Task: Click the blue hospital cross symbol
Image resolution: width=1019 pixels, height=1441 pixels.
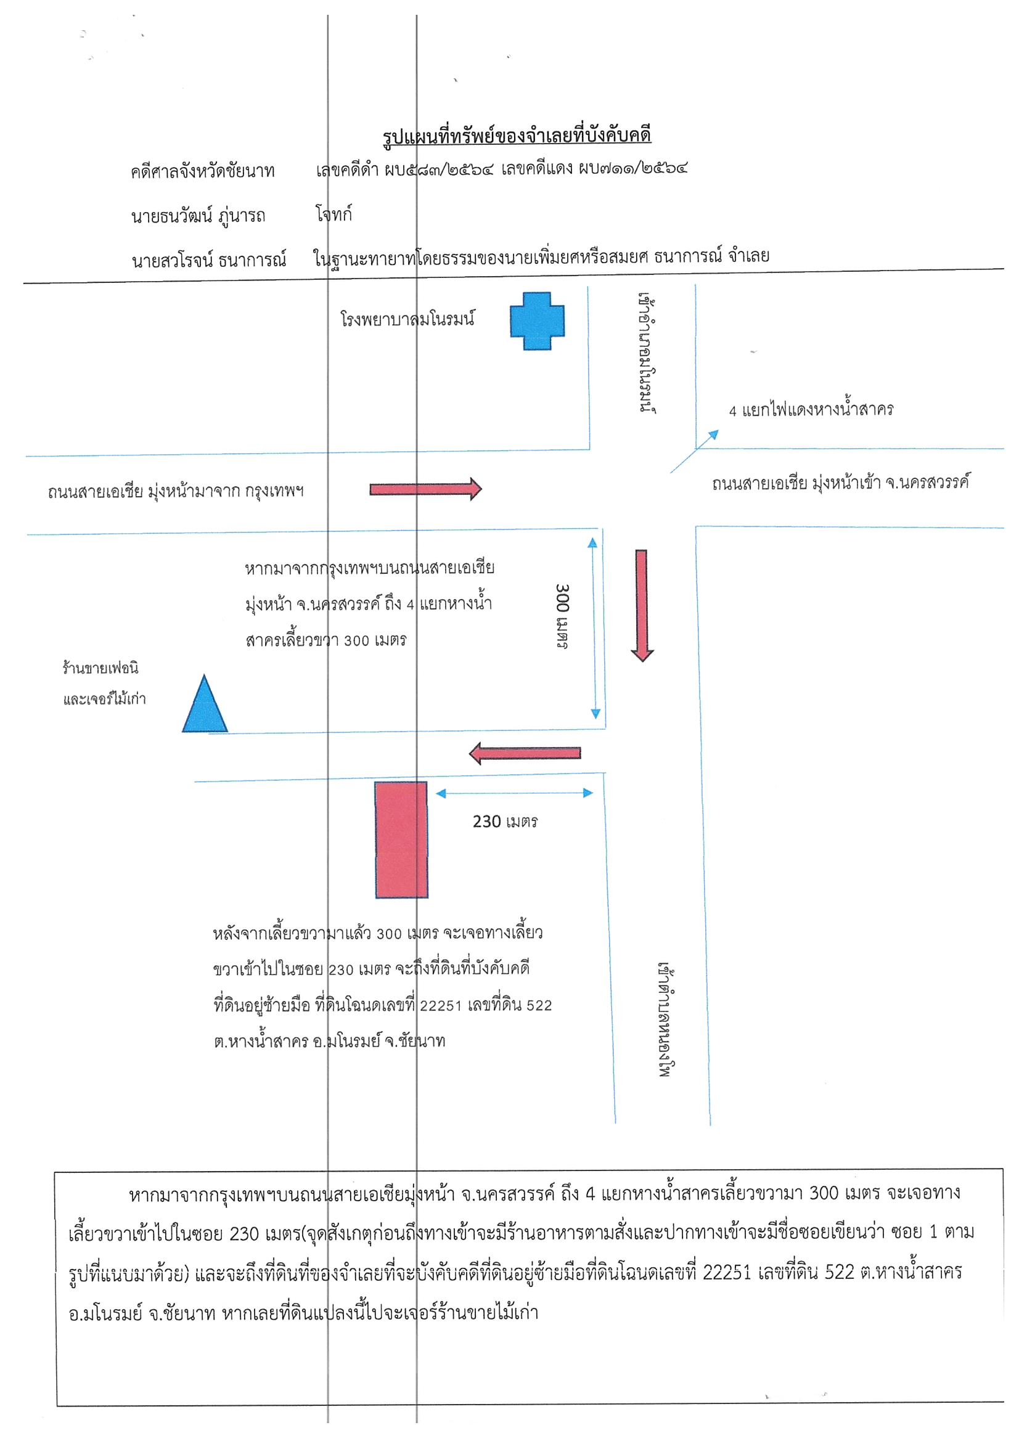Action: point(537,320)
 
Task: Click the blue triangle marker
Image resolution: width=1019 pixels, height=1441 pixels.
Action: point(205,704)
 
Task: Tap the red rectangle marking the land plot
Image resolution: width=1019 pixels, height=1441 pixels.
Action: point(401,839)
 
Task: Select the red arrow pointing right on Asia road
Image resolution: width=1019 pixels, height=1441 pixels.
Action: point(426,488)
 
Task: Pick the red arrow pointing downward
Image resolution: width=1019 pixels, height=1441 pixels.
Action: point(642,606)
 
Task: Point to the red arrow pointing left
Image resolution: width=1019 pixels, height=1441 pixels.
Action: point(525,753)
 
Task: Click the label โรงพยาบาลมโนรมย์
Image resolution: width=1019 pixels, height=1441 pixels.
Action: point(407,319)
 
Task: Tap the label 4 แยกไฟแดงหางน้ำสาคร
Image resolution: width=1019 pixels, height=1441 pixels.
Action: point(811,410)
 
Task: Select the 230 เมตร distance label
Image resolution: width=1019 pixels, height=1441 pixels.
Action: point(505,822)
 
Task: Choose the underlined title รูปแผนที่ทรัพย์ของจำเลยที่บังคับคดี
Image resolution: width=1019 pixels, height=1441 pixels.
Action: point(517,136)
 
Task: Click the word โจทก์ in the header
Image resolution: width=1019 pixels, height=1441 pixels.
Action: point(334,214)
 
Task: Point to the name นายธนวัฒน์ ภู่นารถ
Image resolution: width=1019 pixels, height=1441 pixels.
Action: point(198,216)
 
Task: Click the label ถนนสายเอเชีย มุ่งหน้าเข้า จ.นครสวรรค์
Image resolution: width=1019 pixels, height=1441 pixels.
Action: point(841,483)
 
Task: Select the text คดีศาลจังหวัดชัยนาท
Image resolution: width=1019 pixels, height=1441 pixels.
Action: point(203,171)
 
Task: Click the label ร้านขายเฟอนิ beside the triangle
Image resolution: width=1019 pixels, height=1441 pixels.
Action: point(100,667)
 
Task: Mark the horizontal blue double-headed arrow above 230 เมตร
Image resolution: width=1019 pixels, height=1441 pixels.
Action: point(514,793)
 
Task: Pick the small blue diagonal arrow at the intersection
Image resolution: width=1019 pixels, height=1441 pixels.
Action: point(694,451)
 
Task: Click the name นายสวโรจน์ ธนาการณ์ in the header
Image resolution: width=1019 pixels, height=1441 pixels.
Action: point(209,259)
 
